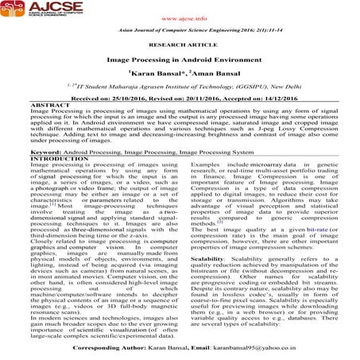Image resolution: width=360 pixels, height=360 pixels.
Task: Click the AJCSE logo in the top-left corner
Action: click(36, 17)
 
